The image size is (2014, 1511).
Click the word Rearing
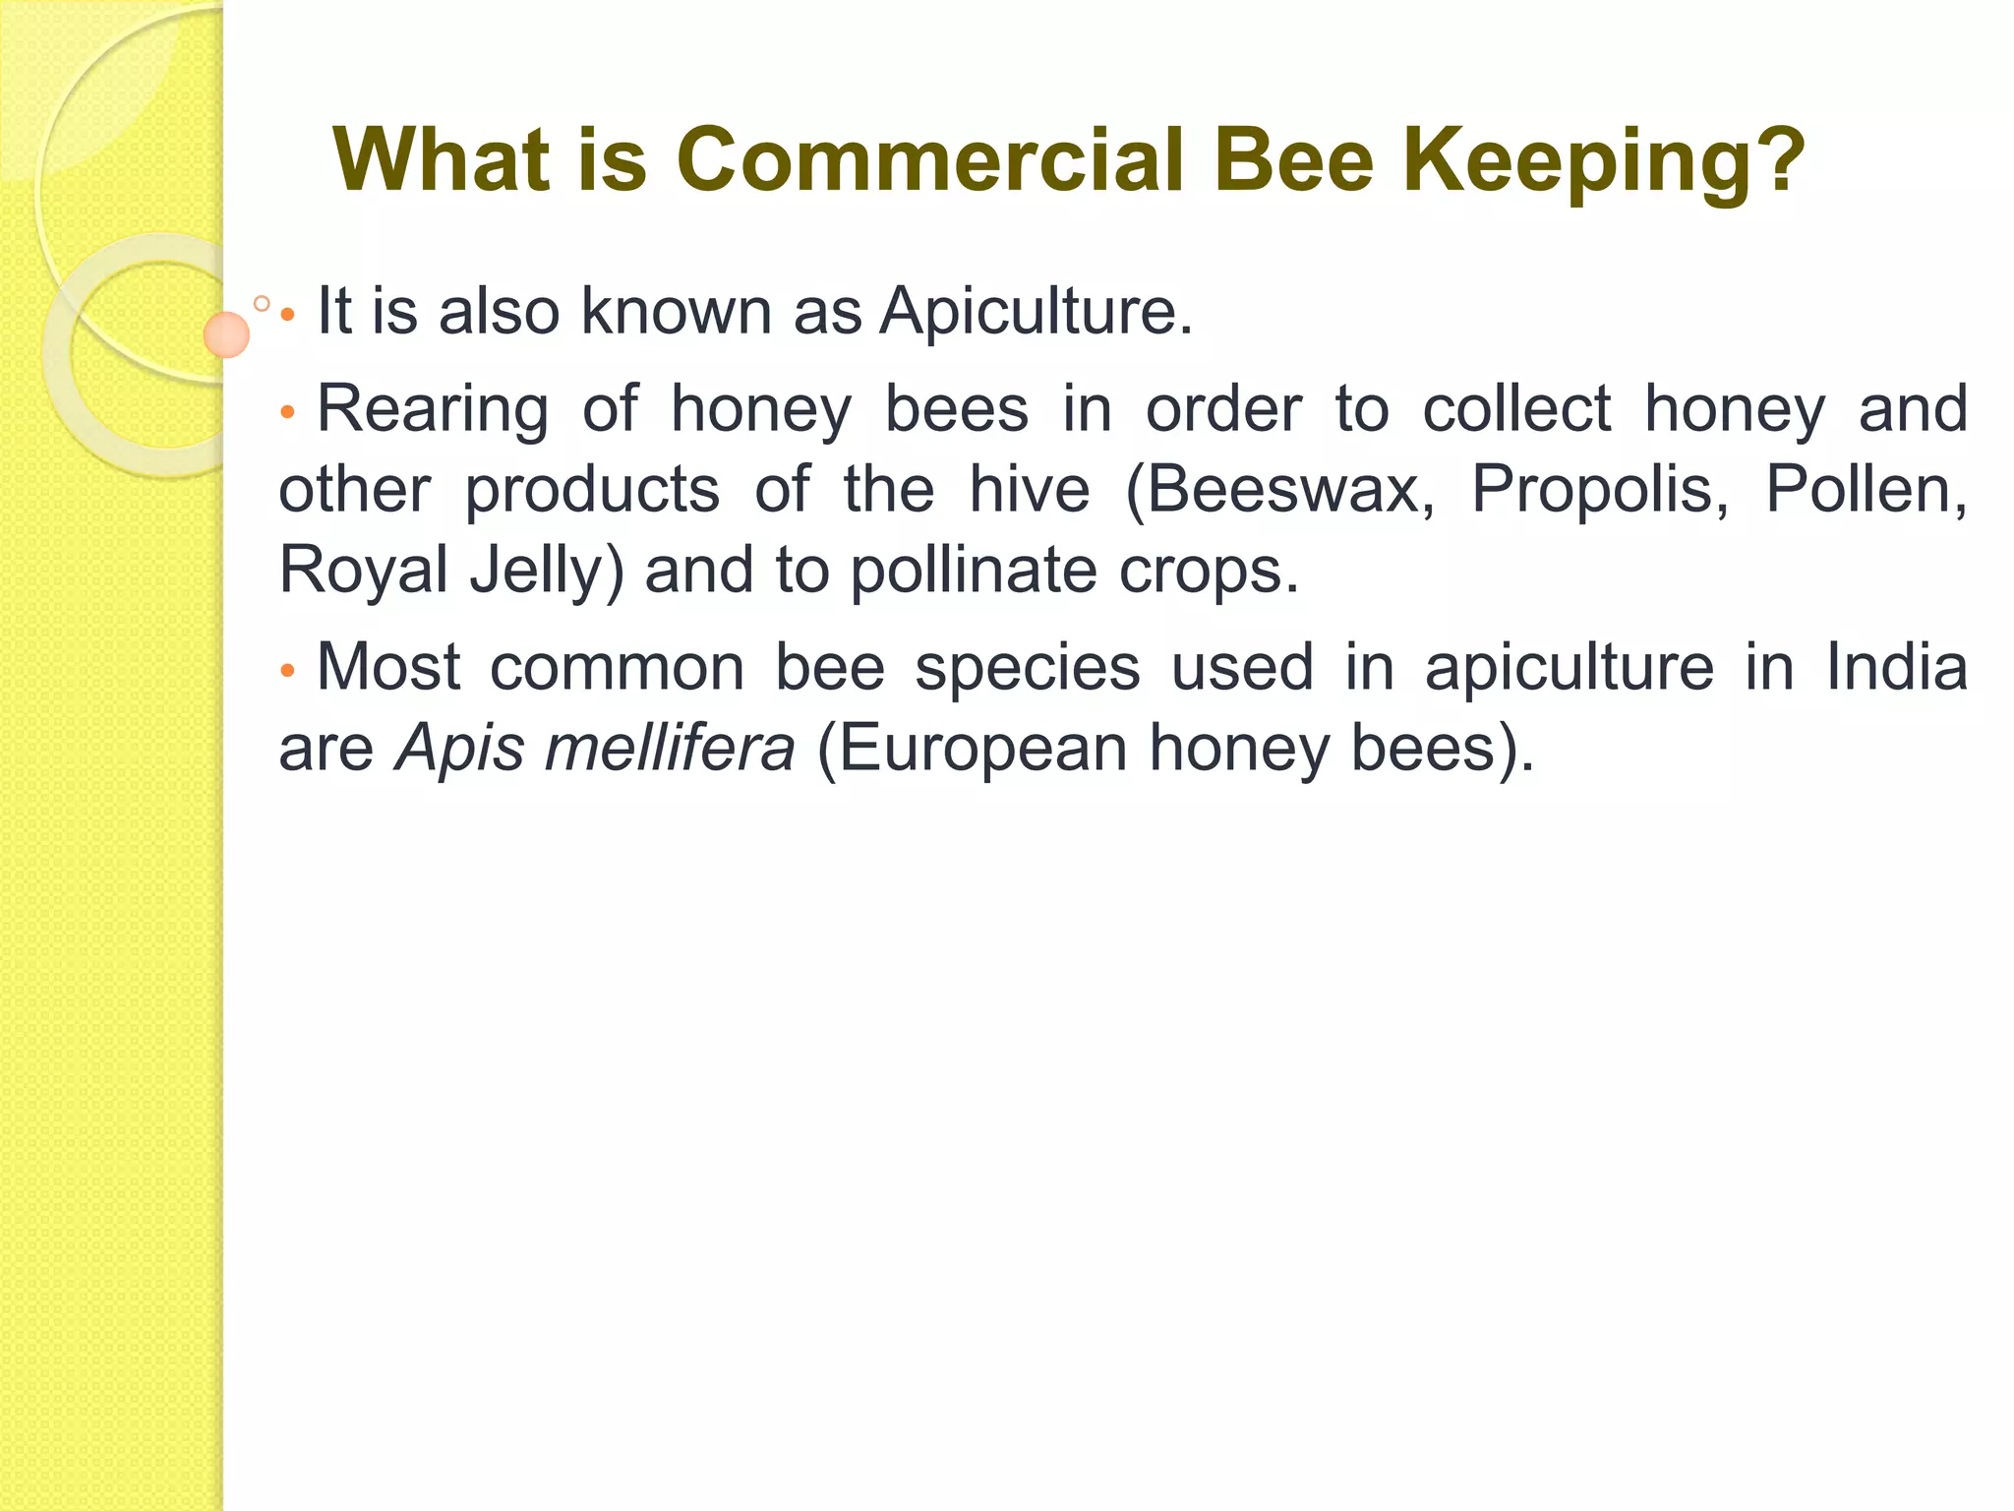coord(433,410)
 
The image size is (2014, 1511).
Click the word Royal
coord(364,570)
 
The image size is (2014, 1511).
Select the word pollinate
coord(972,572)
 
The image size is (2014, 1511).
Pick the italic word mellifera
coord(669,748)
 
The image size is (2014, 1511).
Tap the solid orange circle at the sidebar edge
coord(226,334)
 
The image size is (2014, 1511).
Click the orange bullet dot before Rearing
coord(287,413)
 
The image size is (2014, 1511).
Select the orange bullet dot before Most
coord(287,672)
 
